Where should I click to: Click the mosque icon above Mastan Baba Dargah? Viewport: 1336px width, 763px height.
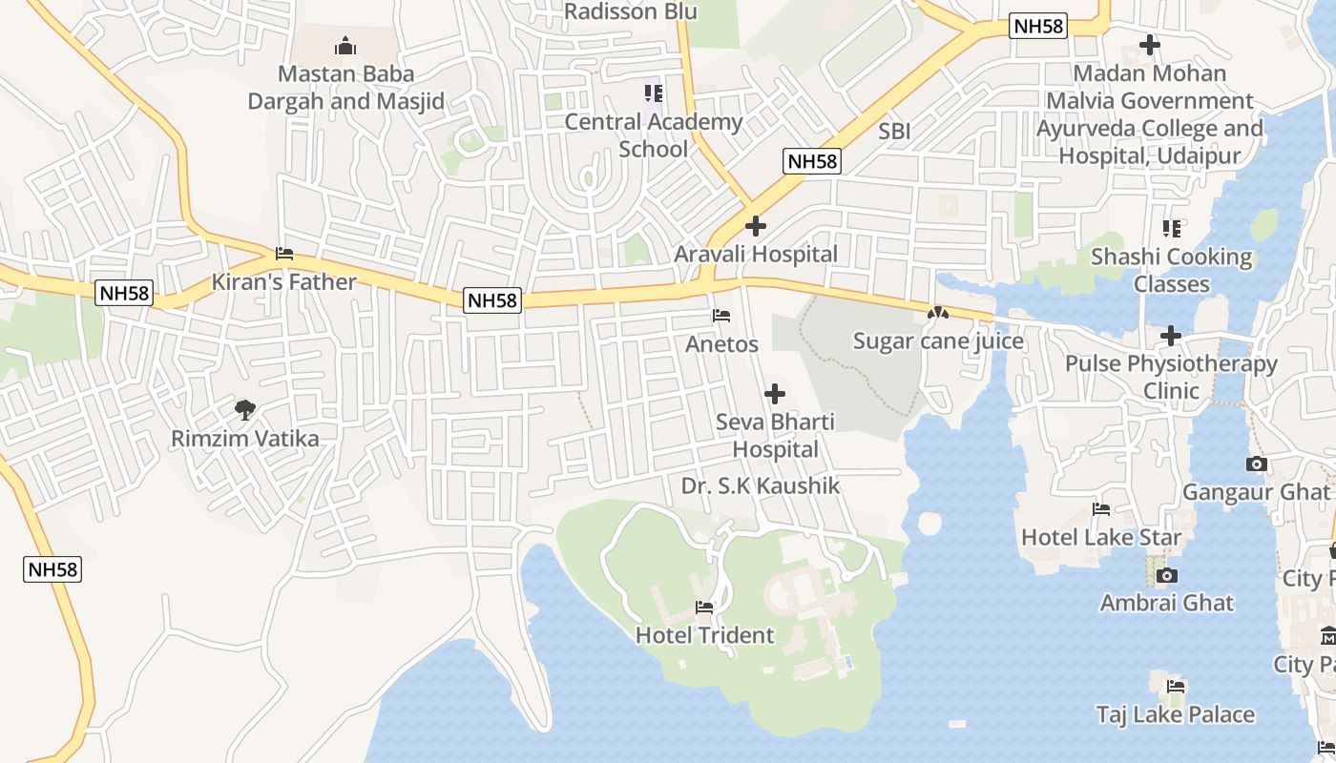pyautogui.click(x=344, y=46)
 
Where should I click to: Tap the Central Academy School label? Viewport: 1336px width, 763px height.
pyautogui.click(x=653, y=135)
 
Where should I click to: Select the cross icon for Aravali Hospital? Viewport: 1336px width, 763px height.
pyautogui.click(x=756, y=226)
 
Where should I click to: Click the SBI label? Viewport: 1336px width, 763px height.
pyautogui.click(x=894, y=132)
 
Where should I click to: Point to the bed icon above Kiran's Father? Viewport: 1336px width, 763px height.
pyautogui.click(x=284, y=254)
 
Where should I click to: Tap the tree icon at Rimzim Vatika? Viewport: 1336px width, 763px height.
pyautogui.click(x=245, y=410)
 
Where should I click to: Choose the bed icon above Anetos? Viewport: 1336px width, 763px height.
pyautogui.click(x=721, y=316)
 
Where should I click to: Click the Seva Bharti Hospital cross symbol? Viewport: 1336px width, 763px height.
pyautogui.click(x=775, y=393)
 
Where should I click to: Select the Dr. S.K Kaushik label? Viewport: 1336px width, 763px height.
pyautogui.click(x=761, y=486)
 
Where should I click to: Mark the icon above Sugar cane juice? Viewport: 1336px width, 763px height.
pyautogui.click(x=938, y=313)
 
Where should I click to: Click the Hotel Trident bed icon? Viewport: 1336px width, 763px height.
pyautogui.click(x=704, y=607)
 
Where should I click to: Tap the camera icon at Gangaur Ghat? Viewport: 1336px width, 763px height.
pyautogui.click(x=1257, y=464)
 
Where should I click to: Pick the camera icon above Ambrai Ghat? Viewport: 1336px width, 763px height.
pyautogui.click(x=1166, y=575)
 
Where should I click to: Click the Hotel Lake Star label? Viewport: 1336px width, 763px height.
pyautogui.click(x=1101, y=537)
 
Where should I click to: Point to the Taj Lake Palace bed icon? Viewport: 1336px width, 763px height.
pyautogui.click(x=1176, y=686)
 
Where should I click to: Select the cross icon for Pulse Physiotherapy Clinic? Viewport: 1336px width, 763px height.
pyautogui.click(x=1171, y=336)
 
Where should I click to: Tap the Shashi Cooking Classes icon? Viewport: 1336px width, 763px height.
pyautogui.click(x=1172, y=229)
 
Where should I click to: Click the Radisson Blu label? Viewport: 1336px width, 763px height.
pyautogui.click(x=631, y=11)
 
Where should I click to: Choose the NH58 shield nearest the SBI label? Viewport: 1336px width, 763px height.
pyautogui.click(x=812, y=161)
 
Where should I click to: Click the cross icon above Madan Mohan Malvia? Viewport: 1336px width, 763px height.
pyautogui.click(x=1150, y=45)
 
